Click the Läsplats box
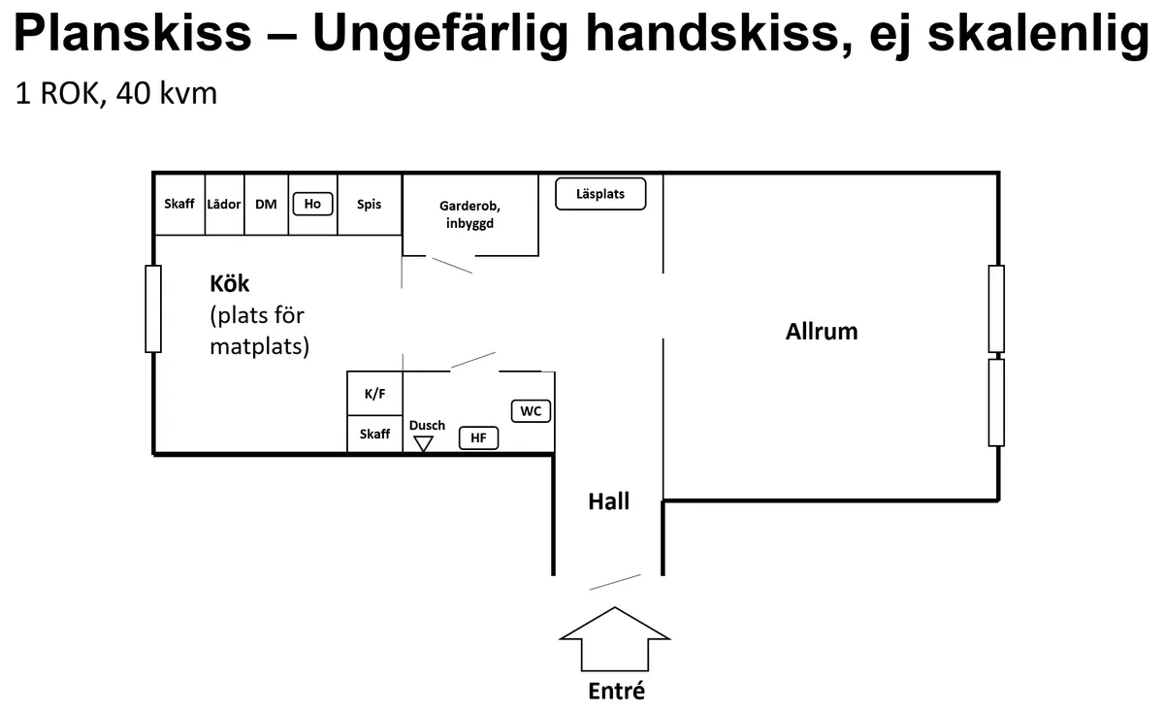600,194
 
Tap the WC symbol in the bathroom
531,411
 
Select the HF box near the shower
478,438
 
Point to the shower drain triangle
423,444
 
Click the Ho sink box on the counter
312,204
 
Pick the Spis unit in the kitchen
370,204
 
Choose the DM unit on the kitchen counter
266,204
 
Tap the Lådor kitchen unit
224,204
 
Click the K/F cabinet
374,394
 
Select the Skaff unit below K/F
374,434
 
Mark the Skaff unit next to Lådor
179,204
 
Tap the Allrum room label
822,332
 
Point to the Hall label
608,501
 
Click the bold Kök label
229,284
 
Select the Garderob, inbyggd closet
470,213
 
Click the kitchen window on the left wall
152,308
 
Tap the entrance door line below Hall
615,582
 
